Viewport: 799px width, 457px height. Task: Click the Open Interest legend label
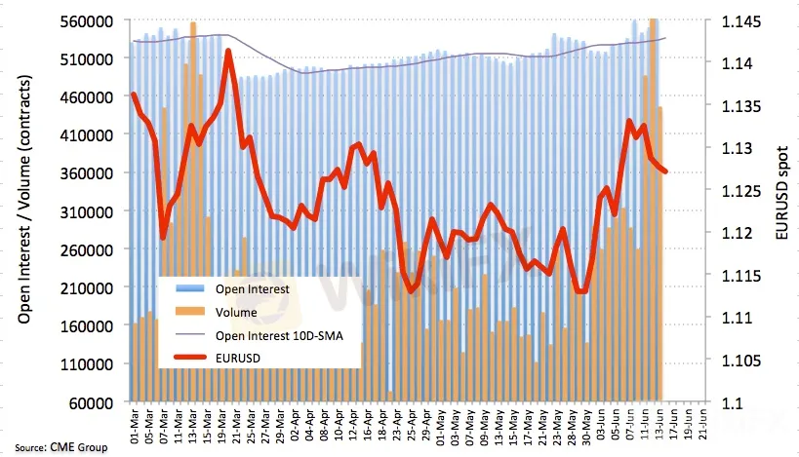tap(248, 289)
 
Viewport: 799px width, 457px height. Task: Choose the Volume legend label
tap(236, 313)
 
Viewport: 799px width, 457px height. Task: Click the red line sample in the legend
tap(191, 358)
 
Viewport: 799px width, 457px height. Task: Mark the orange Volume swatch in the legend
tap(191, 313)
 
